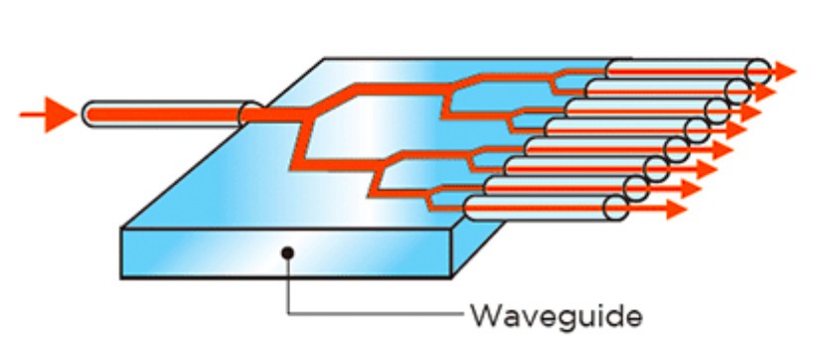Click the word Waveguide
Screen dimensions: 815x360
pos(556,316)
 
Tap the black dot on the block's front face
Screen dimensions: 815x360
pos(286,254)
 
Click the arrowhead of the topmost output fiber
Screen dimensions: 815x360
pos(784,71)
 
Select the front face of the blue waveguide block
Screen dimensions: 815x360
pos(288,253)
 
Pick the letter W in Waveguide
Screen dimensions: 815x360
pos(484,316)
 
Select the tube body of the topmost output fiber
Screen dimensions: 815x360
pos(686,71)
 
